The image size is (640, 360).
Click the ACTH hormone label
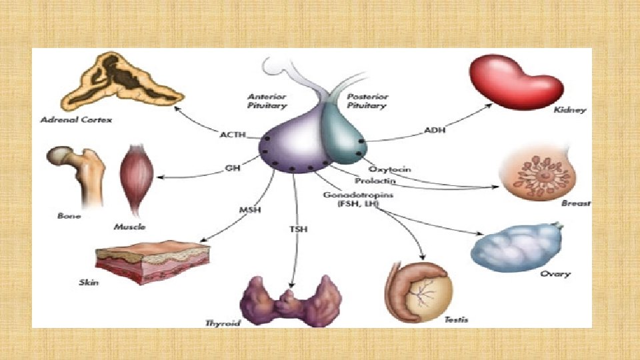[x=232, y=135]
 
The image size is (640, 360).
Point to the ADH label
[x=434, y=131]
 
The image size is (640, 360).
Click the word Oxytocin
[x=388, y=169]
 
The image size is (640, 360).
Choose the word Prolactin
[x=376, y=181]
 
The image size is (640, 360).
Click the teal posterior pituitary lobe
[x=343, y=134]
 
